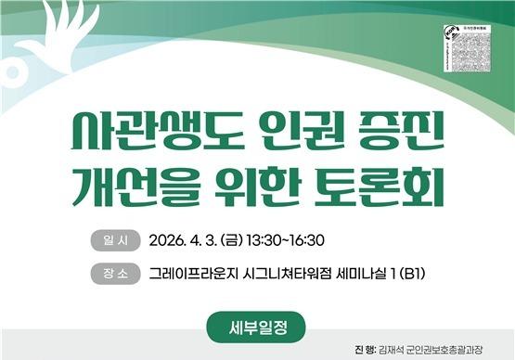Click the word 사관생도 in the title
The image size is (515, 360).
pyautogui.click(x=149, y=137)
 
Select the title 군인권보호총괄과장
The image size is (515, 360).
pyautogui.click(x=457, y=349)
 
